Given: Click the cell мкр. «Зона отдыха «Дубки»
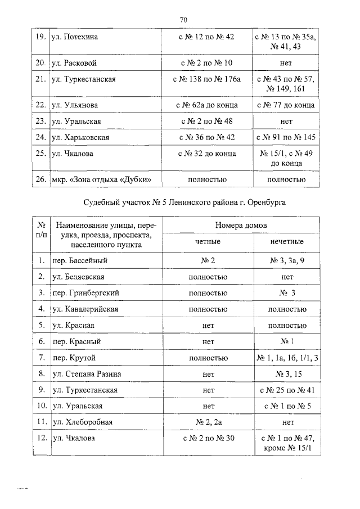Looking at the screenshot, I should pos(102,180).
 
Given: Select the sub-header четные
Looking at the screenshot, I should pos(208,242).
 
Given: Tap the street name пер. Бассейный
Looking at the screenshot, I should pos(79,261).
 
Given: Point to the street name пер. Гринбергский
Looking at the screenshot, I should pos(85,293).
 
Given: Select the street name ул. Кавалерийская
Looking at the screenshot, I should pos(84,309).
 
